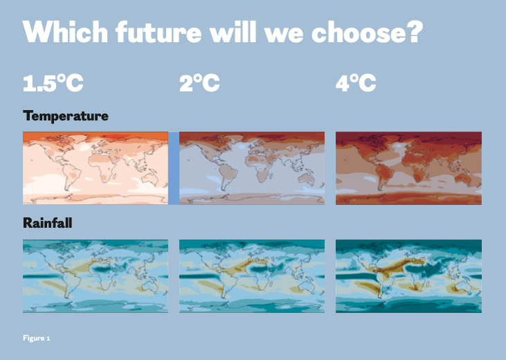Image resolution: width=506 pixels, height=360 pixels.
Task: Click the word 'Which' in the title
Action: (x=65, y=32)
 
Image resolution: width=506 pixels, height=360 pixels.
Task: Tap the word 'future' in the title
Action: (x=159, y=32)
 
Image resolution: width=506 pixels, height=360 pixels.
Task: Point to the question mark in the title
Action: (x=414, y=32)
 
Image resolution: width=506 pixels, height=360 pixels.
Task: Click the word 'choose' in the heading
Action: (x=358, y=32)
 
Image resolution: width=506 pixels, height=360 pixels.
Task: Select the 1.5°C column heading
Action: (x=53, y=82)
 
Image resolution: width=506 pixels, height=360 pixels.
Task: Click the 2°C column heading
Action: (x=199, y=82)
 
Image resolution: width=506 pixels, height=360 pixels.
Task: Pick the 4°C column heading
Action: (x=356, y=82)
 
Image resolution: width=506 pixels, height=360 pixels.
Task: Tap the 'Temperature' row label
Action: (x=66, y=116)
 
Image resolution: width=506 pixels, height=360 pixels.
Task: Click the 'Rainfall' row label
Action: (x=48, y=223)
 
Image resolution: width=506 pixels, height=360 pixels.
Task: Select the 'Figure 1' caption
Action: (x=37, y=338)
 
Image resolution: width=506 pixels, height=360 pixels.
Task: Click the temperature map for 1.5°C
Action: (x=96, y=168)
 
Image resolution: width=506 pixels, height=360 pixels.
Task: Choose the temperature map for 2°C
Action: (x=252, y=168)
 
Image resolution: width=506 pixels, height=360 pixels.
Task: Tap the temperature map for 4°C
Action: (x=408, y=168)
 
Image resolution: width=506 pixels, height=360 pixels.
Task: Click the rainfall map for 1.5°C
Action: (x=96, y=276)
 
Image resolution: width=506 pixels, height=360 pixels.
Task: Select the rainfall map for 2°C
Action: (x=252, y=276)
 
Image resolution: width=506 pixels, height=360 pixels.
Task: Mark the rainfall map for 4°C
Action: (x=408, y=276)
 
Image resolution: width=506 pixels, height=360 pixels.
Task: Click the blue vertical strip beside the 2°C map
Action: (x=174, y=168)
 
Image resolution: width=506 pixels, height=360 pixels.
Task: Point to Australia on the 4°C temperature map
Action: (x=464, y=179)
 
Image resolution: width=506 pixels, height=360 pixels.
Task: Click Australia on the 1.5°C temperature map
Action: (x=150, y=179)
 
